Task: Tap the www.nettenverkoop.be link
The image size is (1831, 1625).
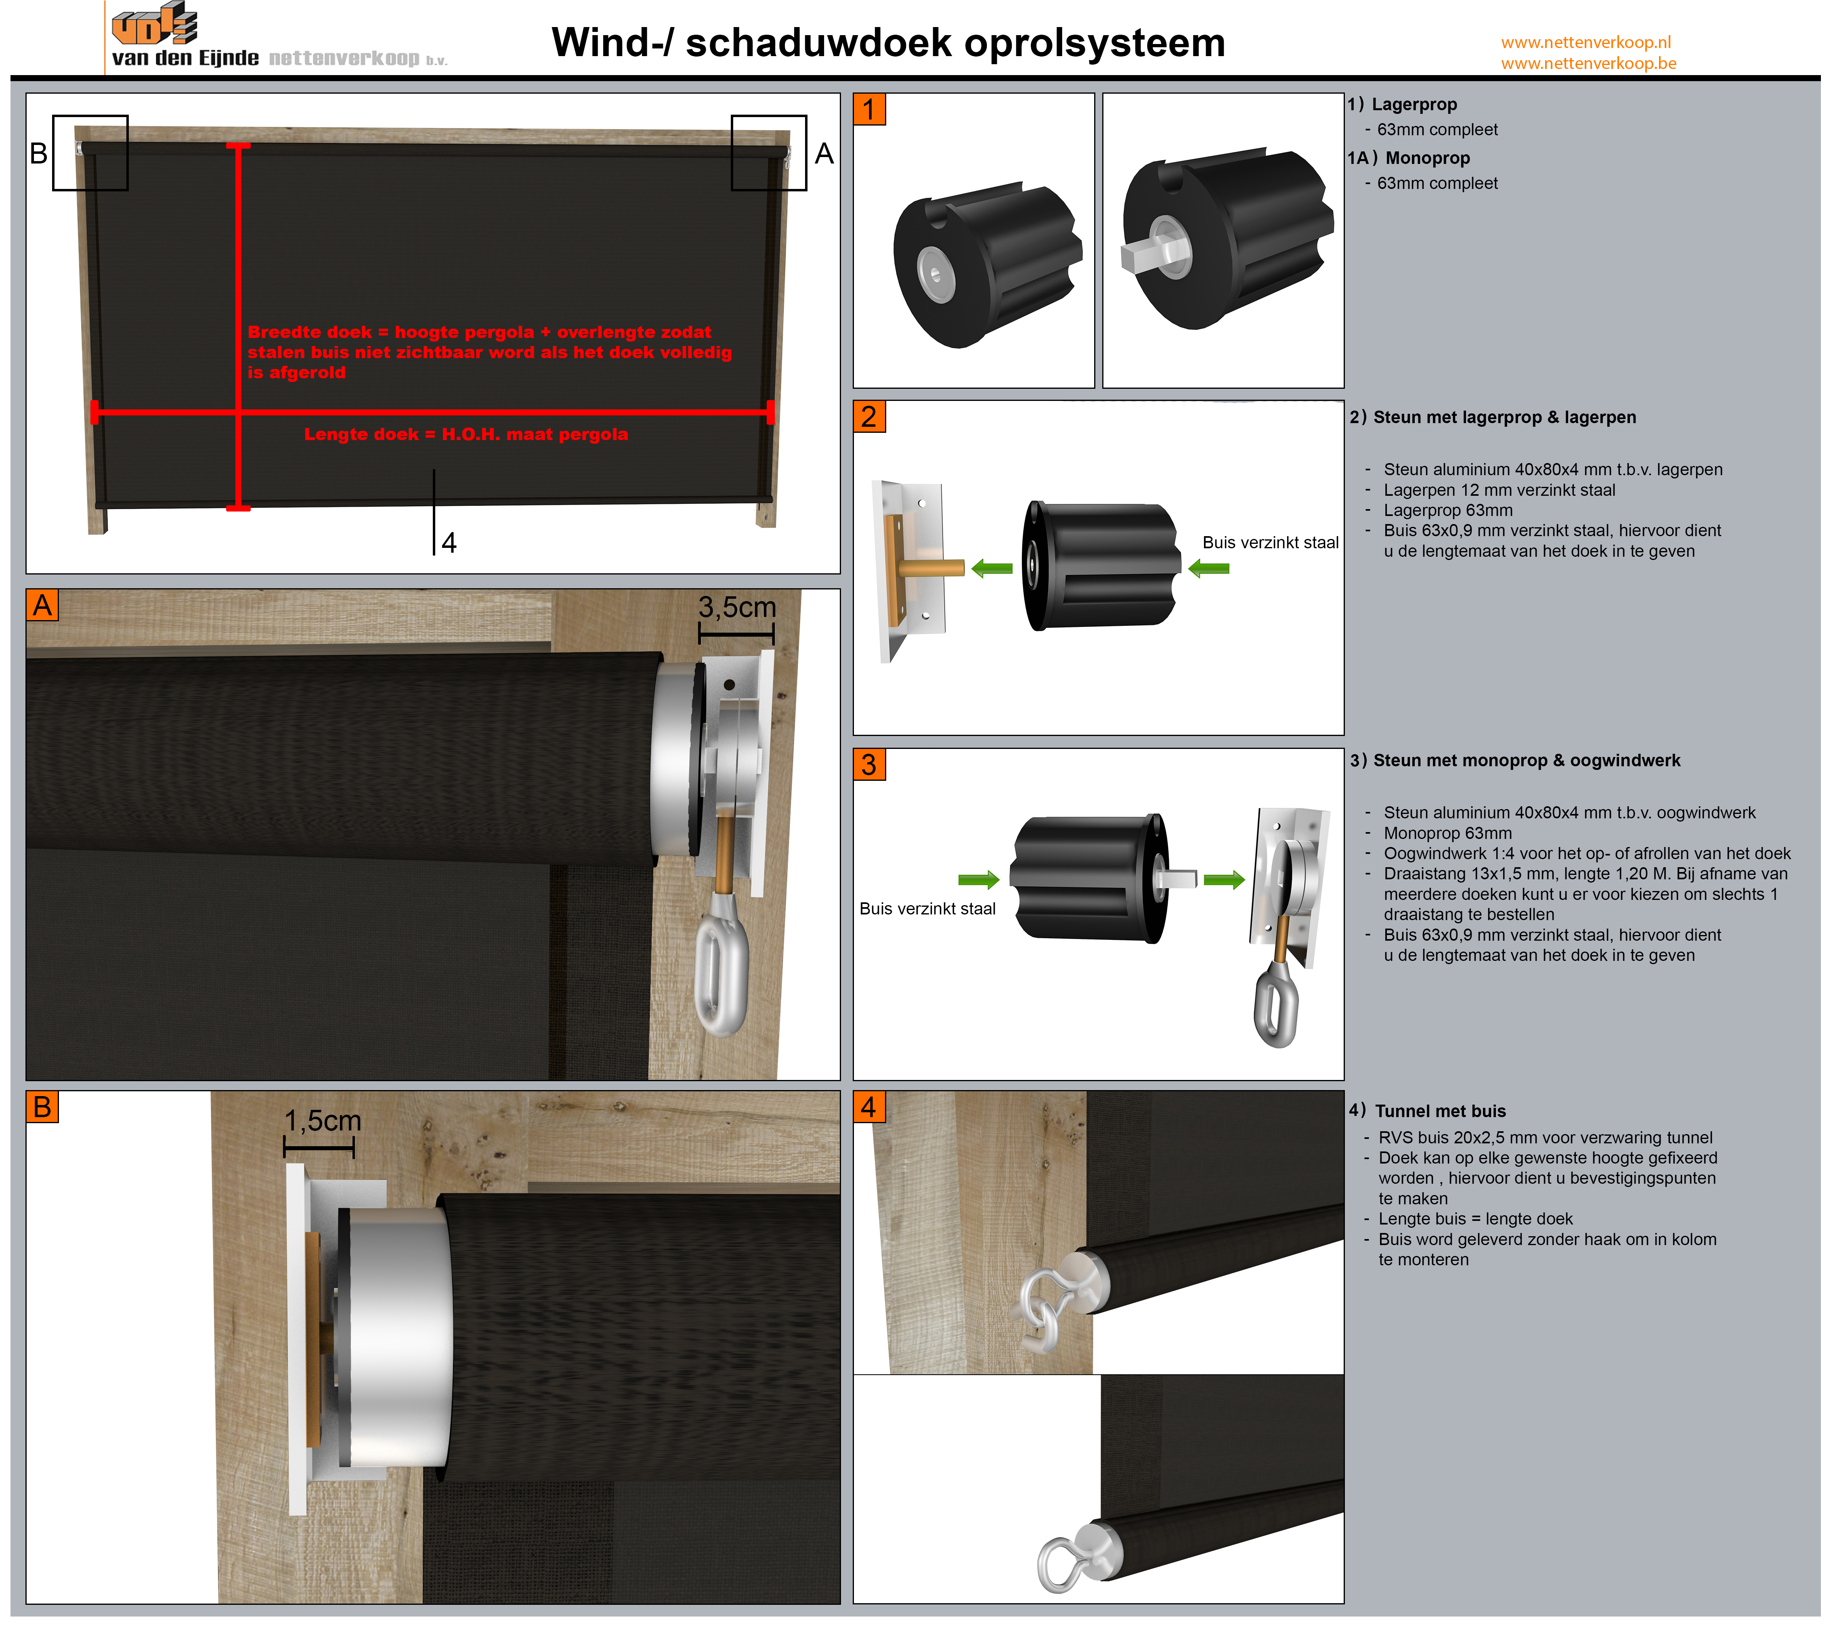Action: click(x=1588, y=64)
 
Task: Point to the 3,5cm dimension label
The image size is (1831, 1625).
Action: click(x=736, y=607)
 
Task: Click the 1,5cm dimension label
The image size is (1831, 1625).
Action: click(x=323, y=1121)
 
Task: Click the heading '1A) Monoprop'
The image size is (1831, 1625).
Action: click(x=1409, y=158)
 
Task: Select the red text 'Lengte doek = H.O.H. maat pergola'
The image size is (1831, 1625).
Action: click(x=466, y=434)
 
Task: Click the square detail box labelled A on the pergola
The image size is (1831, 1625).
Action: click(x=769, y=152)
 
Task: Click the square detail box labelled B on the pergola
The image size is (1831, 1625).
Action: click(x=90, y=152)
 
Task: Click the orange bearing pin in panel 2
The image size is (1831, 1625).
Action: click(x=931, y=567)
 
